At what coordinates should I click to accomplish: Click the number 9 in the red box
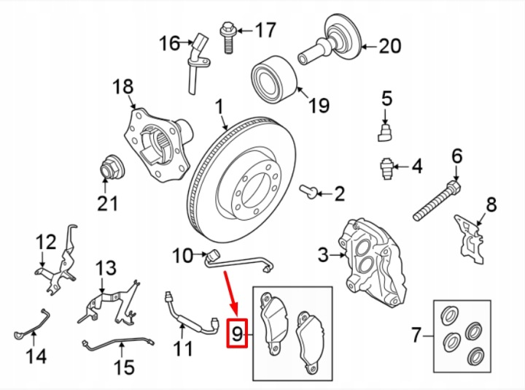click(237, 334)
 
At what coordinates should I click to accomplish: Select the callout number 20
click(390, 46)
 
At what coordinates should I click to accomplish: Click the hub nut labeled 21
click(112, 167)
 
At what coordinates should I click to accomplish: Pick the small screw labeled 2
click(308, 191)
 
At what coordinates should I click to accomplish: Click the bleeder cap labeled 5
click(385, 132)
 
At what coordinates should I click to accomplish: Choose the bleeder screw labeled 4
click(386, 168)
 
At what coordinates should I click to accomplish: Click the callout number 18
click(123, 86)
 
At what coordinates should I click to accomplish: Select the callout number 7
click(416, 335)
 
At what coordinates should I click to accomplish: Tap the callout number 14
click(36, 356)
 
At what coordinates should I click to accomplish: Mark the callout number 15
click(124, 367)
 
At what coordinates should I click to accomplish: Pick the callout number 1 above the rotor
click(219, 107)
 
